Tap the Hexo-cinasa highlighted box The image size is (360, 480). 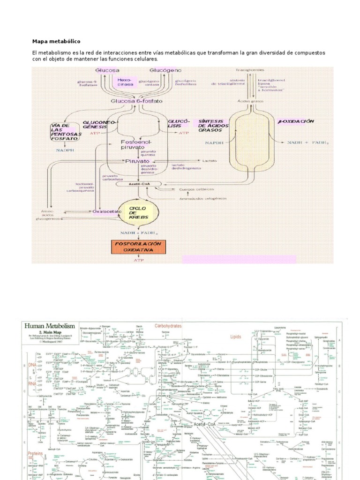pyautogui.click(x=125, y=82)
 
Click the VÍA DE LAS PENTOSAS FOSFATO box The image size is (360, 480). pyautogui.click(x=66, y=132)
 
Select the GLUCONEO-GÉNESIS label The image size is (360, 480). pyautogui.click(x=99, y=124)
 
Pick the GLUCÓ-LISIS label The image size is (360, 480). pyautogui.click(x=178, y=124)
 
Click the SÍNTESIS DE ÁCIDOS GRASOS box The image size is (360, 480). pyautogui.click(x=212, y=125)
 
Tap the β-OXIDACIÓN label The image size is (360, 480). pyautogui.click(x=296, y=121)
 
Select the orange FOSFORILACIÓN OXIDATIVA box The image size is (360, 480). pyautogui.click(x=136, y=247)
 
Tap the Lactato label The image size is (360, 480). pyautogui.click(x=210, y=160)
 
